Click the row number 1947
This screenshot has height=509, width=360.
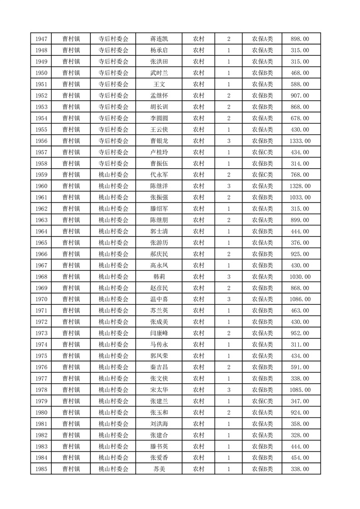40,39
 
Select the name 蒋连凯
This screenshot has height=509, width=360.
159,39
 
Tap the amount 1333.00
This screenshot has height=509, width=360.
300,141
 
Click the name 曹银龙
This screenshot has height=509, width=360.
159,141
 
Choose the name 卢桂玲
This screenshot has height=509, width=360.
159,152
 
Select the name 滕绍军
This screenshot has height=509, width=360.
159,209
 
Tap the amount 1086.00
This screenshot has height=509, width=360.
300,299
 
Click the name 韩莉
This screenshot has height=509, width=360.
159,277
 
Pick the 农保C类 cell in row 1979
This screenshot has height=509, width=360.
262,401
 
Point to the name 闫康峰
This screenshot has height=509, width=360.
159,333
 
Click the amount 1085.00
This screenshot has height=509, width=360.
300,390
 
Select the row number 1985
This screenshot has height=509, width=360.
40,469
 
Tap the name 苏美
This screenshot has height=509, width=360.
159,469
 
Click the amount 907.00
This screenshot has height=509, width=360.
300,96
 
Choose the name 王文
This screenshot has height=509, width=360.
159,84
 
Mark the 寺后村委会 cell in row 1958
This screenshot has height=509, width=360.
113,164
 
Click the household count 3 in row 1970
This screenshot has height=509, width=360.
228,299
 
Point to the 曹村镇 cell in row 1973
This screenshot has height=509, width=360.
71,333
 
